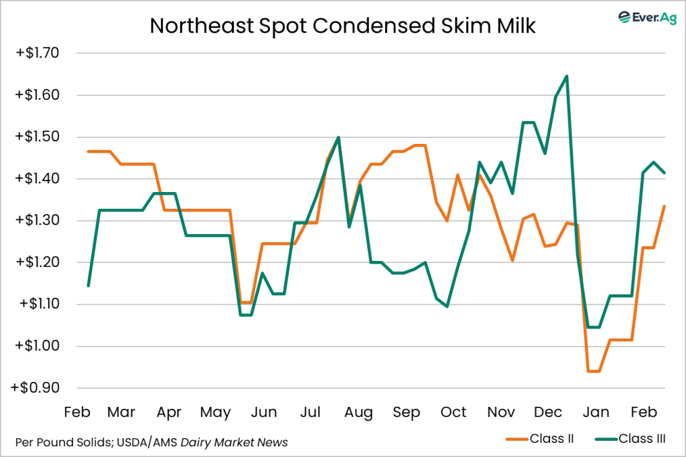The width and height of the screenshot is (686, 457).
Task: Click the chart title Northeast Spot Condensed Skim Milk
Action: click(x=342, y=25)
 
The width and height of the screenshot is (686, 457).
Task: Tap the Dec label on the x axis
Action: click(x=548, y=412)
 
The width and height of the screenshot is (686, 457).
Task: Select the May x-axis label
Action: click(x=216, y=412)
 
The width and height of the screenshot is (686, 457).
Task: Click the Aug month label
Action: click(x=358, y=412)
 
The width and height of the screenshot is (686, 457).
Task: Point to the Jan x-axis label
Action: click(x=596, y=412)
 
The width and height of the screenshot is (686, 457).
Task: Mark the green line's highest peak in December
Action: click(x=567, y=76)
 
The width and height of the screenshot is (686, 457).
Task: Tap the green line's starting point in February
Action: click(x=88, y=286)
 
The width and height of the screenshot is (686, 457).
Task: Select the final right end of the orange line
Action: click(x=664, y=206)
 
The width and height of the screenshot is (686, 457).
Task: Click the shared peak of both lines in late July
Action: click(x=338, y=137)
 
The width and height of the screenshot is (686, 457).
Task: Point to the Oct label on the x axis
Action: click(x=454, y=412)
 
